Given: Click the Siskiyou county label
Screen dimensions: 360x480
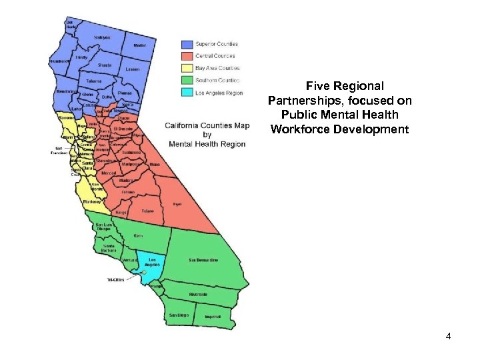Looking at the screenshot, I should (102, 37).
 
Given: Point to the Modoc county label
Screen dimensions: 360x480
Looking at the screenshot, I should (139, 45).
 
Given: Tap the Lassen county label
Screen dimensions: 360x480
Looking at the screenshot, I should (132, 69).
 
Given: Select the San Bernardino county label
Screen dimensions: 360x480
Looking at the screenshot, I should (203, 259).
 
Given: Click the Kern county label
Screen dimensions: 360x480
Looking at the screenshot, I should (138, 235).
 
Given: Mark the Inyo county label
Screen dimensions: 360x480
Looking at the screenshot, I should (177, 204).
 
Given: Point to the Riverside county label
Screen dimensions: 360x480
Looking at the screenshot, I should (198, 294).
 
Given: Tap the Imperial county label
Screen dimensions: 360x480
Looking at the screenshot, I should (213, 316).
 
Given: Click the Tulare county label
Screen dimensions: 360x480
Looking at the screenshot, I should (147, 211).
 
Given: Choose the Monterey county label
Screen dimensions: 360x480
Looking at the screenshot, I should (91, 201).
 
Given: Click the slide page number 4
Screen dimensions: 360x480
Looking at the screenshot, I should (448, 337).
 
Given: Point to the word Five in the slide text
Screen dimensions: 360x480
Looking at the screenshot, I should (316, 86).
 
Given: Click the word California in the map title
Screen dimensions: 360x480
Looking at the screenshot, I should (187, 125).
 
